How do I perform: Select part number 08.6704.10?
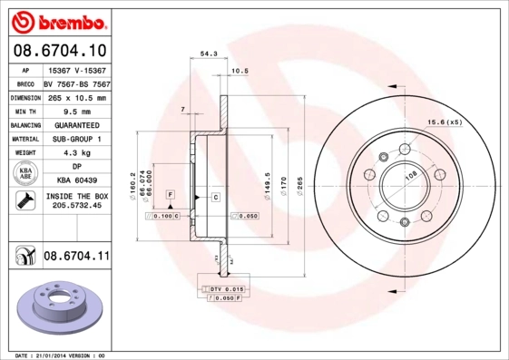[x=59, y=53]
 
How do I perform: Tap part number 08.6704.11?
[x=75, y=257]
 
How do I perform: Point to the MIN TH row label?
[x=24, y=111]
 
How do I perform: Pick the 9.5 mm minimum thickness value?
[x=76, y=111]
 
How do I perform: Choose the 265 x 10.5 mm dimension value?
[x=76, y=97]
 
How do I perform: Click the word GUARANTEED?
[x=76, y=124]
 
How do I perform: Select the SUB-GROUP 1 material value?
[x=76, y=139]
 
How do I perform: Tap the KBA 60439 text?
[x=76, y=180]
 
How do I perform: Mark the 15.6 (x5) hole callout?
[x=445, y=122]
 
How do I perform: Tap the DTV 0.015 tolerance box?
[x=222, y=287]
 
